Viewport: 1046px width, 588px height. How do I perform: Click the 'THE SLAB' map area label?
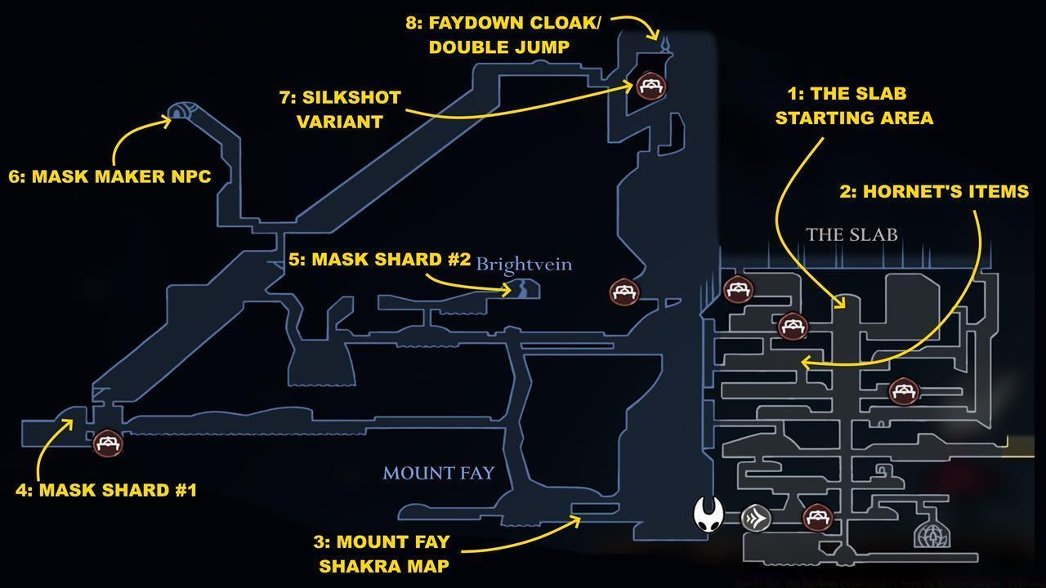click(x=852, y=235)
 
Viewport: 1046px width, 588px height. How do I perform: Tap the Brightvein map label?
click(x=524, y=265)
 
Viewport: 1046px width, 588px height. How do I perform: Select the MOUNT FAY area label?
click(x=438, y=474)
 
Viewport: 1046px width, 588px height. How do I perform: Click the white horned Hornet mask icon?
click(x=709, y=514)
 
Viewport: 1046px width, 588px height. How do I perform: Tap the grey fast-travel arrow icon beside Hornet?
click(x=756, y=518)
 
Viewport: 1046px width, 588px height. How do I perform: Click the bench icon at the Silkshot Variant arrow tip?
click(x=650, y=85)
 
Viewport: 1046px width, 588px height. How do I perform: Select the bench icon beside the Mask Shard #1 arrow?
click(x=108, y=443)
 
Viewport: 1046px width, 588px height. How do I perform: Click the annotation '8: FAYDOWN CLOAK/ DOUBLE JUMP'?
click(x=503, y=35)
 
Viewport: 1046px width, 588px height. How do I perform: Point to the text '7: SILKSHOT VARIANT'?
click(x=340, y=109)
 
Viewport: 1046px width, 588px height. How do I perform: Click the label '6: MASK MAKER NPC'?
click(x=110, y=176)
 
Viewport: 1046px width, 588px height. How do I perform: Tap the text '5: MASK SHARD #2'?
click(x=379, y=260)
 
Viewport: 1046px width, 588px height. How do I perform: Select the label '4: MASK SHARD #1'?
click(x=106, y=490)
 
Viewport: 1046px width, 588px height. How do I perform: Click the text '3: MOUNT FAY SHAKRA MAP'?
click(x=382, y=554)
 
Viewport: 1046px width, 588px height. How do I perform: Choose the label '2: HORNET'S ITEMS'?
click(x=934, y=191)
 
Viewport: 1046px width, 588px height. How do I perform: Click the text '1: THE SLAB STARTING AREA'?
click(x=854, y=105)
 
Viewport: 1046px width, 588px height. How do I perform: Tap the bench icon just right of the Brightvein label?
click(x=625, y=292)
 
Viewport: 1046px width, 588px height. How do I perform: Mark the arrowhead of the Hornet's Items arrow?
click(x=804, y=363)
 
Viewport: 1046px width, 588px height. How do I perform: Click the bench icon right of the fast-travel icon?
click(x=816, y=517)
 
